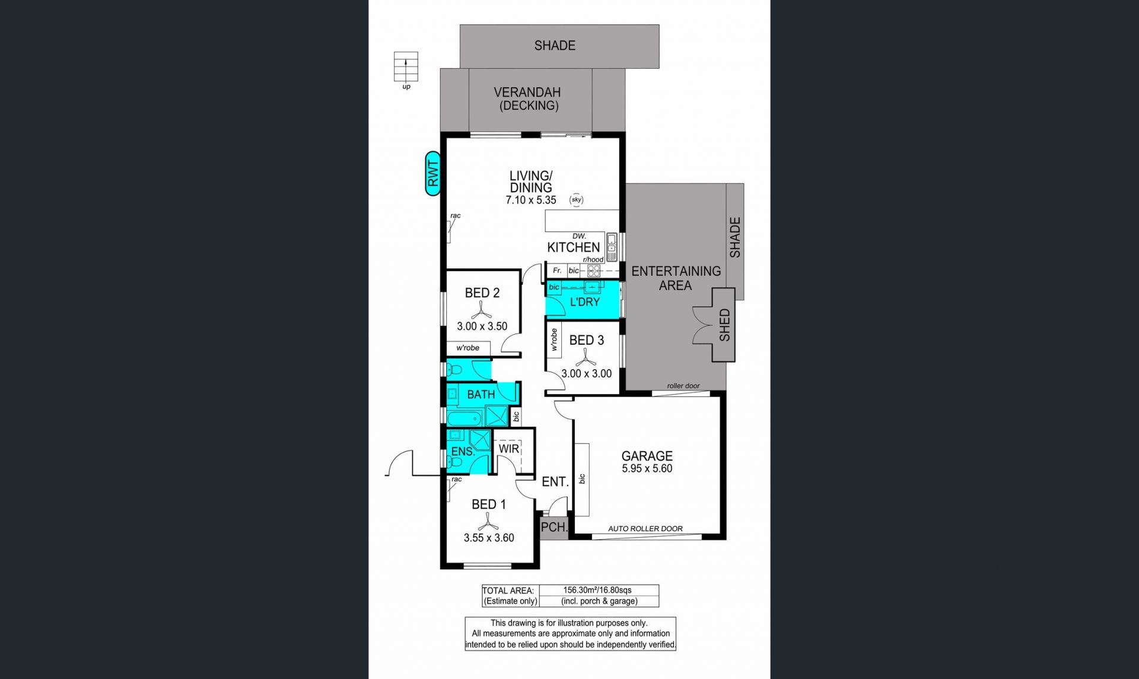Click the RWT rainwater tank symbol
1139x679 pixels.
[x=433, y=173]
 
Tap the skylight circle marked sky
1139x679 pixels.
[x=577, y=199]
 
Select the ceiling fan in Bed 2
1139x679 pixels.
[x=481, y=310]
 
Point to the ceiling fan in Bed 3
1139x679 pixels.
[x=586, y=357]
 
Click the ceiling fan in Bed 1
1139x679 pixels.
[x=488, y=521]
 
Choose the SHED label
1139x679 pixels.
[x=724, y=325]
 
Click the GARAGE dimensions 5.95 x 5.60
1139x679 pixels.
[x=647, y=468]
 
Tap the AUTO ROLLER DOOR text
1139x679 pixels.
[x=645, y=528]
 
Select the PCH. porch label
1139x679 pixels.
[x=554, y=526]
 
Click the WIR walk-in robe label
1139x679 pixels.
[x=509, y=449]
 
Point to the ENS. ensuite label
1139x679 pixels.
[x=463, y=452]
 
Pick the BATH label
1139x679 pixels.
[x=481, y=394]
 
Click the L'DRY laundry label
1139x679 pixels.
[x=585, y=302]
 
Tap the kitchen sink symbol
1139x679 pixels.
[x=612, y=247]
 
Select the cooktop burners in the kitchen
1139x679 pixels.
[x=593, y=271]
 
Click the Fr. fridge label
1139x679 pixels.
[x=557, y=271]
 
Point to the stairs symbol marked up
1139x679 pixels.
[x=406, y=66]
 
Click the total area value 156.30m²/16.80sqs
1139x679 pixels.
[x=597, y=590]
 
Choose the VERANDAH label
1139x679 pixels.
[x=527, y=92]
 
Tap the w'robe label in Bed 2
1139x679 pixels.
[x=467, y=348]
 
